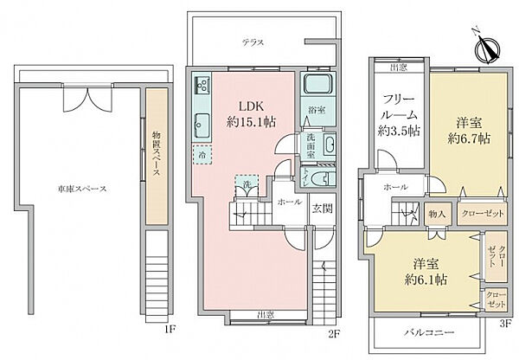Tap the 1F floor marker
point(171,329)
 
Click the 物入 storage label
point(436,212)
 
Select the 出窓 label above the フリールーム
point(399,67)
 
